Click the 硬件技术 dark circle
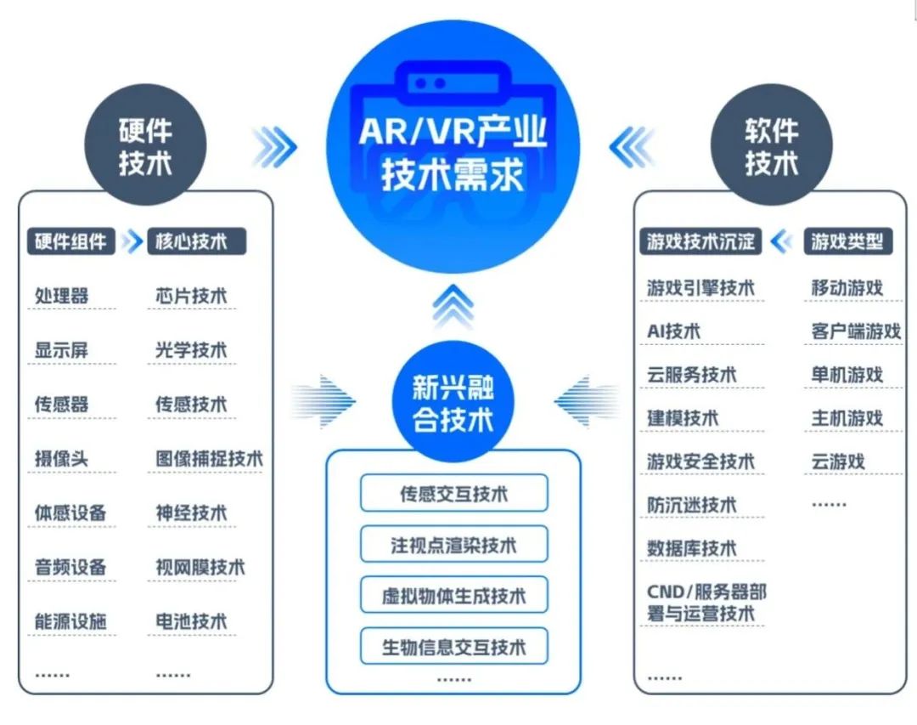pos(145,145)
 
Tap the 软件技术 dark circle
pos(771,145)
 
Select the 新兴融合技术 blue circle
pos(453,404)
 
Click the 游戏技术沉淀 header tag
pos(700,241)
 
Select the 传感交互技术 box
pos(453,493)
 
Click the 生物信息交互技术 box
pos(453,648)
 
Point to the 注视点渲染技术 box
pos(453,545)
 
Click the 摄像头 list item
pos(61,460)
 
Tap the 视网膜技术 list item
pos(200,567)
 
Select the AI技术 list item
pos(674,331)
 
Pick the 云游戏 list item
pos(837,462)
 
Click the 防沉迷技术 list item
pos(691,505)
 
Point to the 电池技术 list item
pos(191,621)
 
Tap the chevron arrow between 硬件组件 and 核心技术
pos(132,241)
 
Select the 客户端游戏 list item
pos(855,331)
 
